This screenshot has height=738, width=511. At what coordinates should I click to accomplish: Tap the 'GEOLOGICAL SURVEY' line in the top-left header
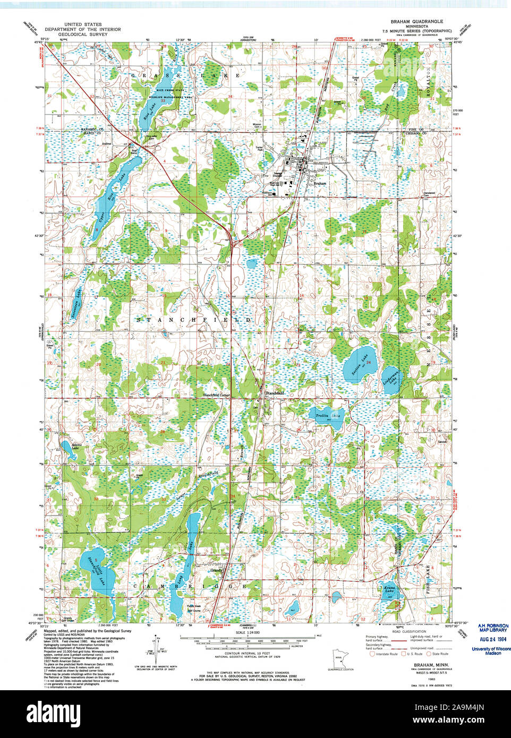point(82,34)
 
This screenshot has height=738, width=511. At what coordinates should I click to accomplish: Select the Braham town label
point(320,183)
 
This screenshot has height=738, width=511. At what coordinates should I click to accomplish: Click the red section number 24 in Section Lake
point(368,362)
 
